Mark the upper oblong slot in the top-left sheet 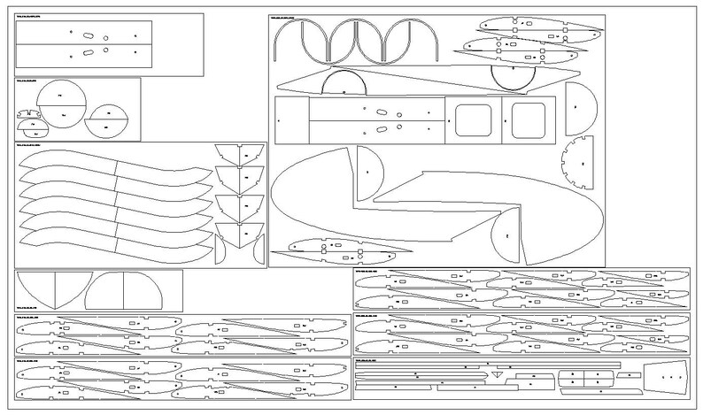click(89, 34)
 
